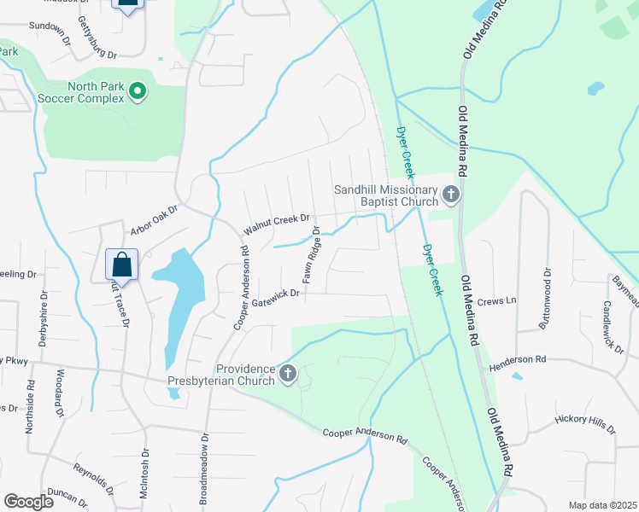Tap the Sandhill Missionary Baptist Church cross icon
click(x=451, y=195)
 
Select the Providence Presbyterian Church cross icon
click(x=289, y=373)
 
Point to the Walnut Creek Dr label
click(x=275, y=224)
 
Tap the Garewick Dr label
click(x=273, y=300)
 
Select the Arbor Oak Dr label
click(x=153, y=219)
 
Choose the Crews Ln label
click(x=497, y=300)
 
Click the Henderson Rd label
click(x=517, y=359)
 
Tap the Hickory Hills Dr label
click(x=584, y=424)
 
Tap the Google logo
click(x=28, y=502)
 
